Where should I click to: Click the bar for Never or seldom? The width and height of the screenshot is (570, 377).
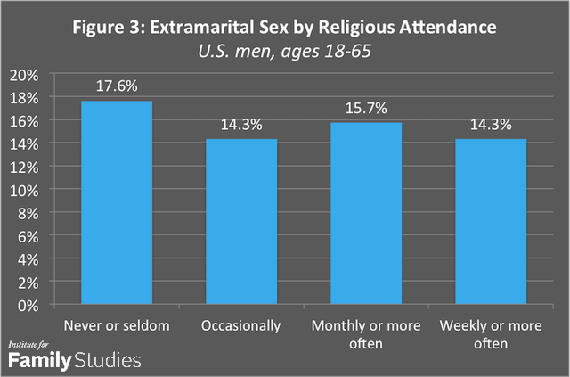117,203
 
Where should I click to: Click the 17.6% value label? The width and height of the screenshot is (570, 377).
117,87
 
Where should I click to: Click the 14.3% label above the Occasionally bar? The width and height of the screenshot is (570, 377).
241,125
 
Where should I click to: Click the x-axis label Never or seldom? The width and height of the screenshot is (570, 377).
117,324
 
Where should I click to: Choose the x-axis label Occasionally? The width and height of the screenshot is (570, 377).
241,324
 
